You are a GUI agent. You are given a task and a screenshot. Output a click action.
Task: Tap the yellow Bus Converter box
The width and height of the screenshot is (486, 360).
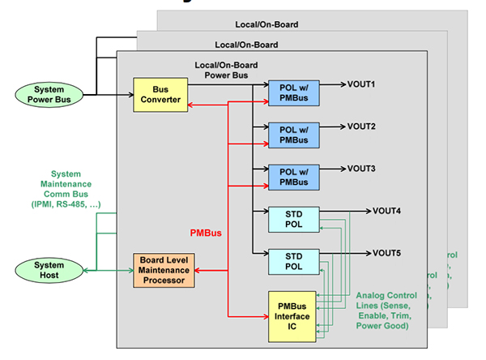point(160,94)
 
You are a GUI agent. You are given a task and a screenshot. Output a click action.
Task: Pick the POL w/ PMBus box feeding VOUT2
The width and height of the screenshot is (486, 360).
point(294,135)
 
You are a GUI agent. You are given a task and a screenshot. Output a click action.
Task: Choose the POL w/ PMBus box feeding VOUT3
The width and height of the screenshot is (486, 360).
point(294,177)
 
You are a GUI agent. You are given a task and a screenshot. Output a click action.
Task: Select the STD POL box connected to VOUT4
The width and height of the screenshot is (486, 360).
point(294,219)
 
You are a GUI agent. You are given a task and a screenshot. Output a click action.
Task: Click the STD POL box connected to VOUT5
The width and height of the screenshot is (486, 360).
point(294,261)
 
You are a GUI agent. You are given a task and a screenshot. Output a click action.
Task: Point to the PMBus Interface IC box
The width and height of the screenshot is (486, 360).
point(294,315)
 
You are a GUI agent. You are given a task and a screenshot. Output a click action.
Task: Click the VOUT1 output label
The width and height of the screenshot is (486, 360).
point(361,84)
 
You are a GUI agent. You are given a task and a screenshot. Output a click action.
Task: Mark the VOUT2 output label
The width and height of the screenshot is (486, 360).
point(361,126)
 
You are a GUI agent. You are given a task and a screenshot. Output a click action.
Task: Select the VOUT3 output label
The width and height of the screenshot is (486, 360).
point(361,169)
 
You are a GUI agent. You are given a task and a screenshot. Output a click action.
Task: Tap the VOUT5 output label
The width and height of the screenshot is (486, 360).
point(386,253)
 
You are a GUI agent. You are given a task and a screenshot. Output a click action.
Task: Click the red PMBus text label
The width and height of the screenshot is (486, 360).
point(207,233)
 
